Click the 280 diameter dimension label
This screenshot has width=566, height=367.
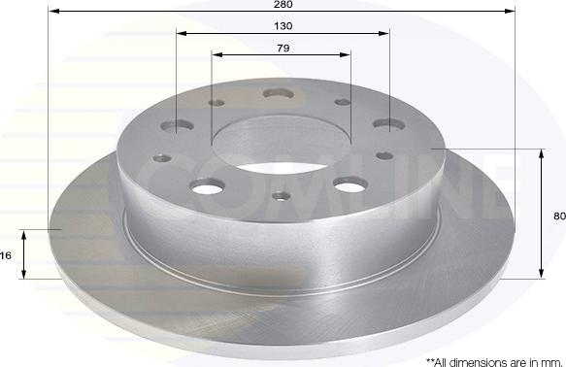[x=283, y=4]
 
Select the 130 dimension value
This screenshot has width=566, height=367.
[x=283, y=26]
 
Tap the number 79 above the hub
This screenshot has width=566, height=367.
[x=283, y=48]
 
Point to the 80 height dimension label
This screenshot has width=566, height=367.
[x=559, y=216]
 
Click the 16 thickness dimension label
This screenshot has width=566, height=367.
[x=6, y=255]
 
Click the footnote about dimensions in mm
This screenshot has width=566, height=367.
[x=494, y=361]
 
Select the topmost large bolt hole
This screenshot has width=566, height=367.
[x=279, y=94]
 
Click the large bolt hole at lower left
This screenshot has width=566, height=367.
[x=208, y=186]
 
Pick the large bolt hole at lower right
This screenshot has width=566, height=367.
[x=350, y=184]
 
